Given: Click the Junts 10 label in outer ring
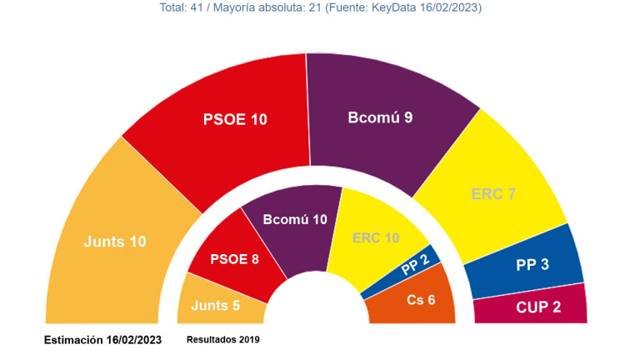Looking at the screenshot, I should point(115,242).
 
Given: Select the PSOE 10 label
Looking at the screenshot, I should point(236,119).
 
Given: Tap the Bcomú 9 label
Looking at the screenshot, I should point(381,117).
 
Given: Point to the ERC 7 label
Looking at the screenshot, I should point(493,194).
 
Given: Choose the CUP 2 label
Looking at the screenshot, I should point(538,307).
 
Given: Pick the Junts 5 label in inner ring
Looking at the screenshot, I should point(216,305).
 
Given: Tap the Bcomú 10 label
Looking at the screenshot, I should point(295,219).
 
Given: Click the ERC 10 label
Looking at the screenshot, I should point(376,238).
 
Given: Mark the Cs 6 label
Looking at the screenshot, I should point(420,299).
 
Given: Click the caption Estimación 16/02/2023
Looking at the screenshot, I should point(102,340).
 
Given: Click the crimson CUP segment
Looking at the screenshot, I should point(500,311).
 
